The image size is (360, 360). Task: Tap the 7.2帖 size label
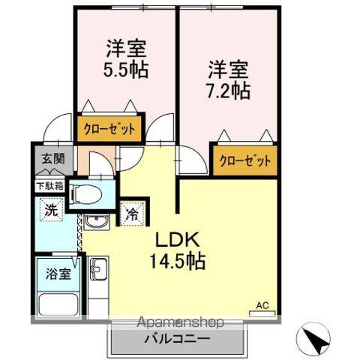[229, 90]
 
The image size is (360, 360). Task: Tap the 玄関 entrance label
[46, 160]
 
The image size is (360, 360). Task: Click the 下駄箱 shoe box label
[48, 184]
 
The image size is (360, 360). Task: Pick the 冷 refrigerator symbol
[132, 213]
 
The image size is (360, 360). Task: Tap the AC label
[262, 304]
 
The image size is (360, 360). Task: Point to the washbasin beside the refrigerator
[96, 222]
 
